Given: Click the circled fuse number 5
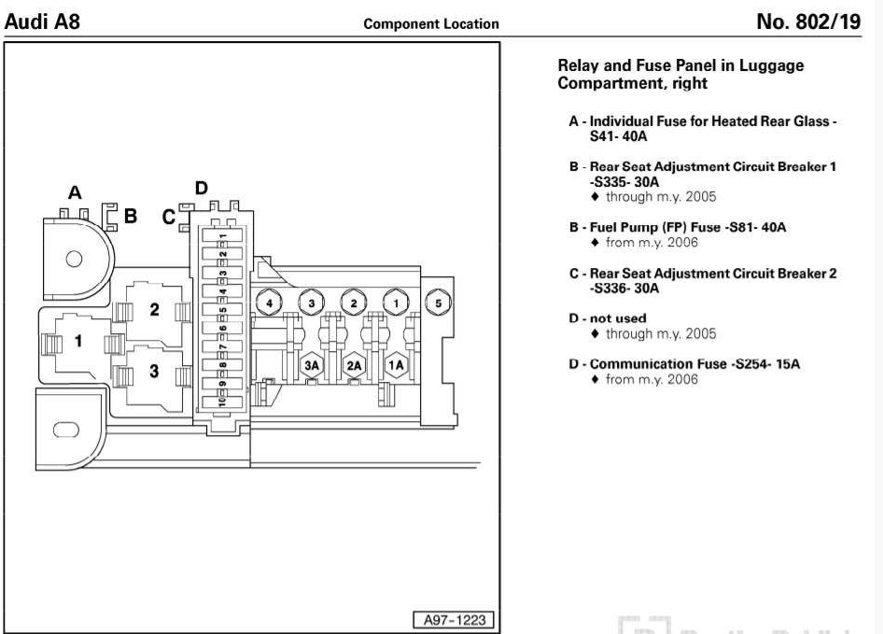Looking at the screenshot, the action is click(438, 303).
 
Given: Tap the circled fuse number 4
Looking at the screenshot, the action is click(269, 303).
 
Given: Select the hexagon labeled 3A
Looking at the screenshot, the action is click(312, 365).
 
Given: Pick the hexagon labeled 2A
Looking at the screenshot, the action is click(354, 365).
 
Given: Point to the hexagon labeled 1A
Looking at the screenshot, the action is click(396, 365).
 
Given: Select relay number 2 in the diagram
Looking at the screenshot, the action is click(154, 309).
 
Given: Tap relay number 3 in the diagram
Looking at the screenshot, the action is click(154, 371).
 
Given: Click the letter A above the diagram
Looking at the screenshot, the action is click(75, 192).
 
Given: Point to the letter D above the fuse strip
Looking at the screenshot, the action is click(201, 188).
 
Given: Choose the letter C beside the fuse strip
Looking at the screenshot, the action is click(168, 217).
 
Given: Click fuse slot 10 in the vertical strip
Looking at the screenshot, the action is click(222, 402).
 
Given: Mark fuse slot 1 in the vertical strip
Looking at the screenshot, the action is click(222, 236).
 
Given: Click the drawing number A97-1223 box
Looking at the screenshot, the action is click(454, 620).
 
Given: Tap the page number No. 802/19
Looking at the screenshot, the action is click(808, 21).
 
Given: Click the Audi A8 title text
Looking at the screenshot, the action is click(42, 21).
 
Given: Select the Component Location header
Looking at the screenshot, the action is click(431, 24).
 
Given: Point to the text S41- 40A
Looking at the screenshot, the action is click(618, 136).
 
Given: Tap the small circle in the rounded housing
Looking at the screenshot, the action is click(74, 260).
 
